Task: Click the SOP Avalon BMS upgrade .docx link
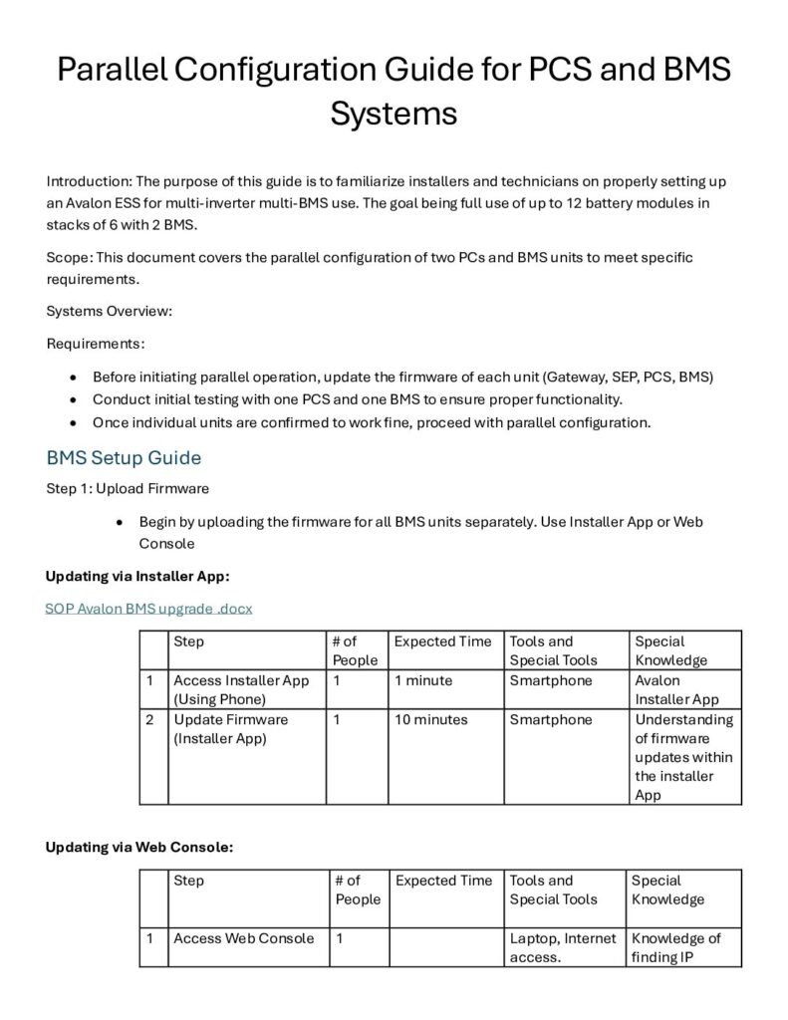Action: click(x=148, y=608)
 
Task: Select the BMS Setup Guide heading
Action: click(x=124, y=458)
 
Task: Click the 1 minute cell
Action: click(x=423, y=680)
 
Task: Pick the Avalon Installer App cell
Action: click(x=676, y=689)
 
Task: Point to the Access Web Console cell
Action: click(x=243, y=938)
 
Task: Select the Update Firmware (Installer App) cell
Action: click(x=230, y=728)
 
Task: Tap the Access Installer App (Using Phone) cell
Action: click(x=241, y=689)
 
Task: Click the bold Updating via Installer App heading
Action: click(x=138, y=576)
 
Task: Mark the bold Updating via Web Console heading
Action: click(x=139, y=847)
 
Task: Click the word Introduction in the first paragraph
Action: click(x=88, y=181)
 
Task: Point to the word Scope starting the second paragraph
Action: click(x=68, y=257)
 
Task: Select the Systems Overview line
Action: click(x=110, y=311)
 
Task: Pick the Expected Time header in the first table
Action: click(x=442, y=641)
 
